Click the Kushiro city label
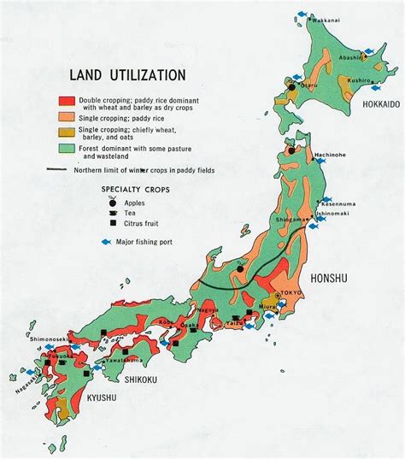(360, 80)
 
